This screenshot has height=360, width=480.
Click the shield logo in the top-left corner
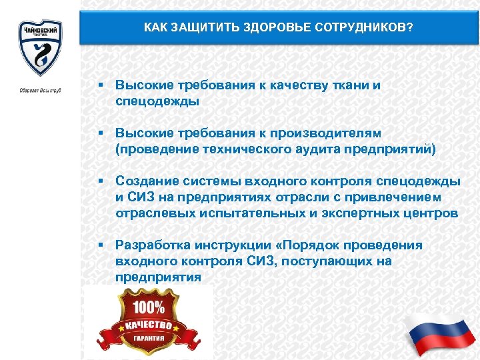coord(39,48)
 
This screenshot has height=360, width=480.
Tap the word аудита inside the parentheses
coord(313,149)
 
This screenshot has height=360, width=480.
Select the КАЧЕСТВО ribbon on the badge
coord(146,325)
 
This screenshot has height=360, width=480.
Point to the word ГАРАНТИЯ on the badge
coord(147,338)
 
